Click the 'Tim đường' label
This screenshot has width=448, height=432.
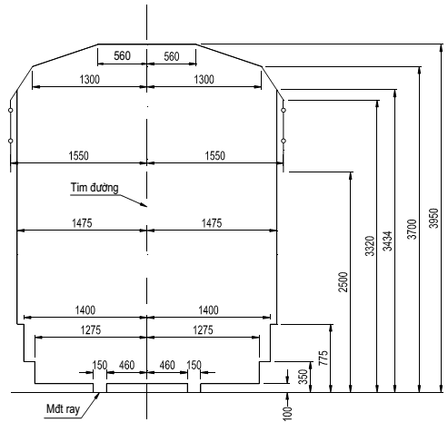[x=95, y=188]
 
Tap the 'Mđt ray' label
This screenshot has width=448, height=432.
[x=63, y=409]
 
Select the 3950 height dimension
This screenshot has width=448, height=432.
[x=433, y=218]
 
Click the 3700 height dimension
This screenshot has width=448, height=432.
[x=412, y=230]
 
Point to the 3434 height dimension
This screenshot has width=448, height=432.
[x=387, y=241]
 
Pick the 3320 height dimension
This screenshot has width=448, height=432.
[x=370, y=246]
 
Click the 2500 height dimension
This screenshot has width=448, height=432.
[x=343, y=282]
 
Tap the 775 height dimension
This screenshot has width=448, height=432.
[x=324, y=358]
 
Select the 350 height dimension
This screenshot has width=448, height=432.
[x=304, y=377]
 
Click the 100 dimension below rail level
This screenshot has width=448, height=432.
[x=287, y=414]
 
